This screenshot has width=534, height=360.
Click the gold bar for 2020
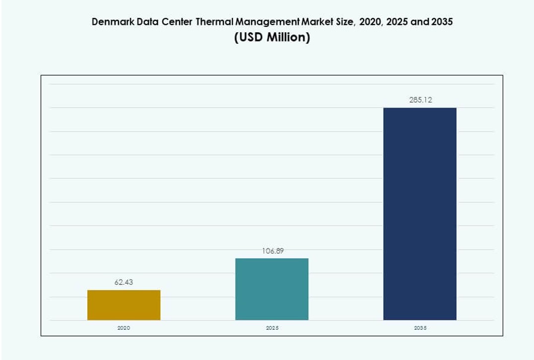(124, 305)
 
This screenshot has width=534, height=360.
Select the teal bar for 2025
(271, 289)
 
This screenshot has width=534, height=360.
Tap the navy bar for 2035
(419, 214)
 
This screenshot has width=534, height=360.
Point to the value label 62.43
(124, 282)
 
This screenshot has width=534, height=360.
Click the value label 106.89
(272, 251)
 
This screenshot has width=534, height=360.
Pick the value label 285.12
(420, 100)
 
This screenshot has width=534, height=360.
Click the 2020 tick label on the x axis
(124, 328)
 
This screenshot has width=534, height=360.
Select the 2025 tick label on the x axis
(272, 328)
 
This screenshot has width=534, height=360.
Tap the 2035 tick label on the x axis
(420, 328)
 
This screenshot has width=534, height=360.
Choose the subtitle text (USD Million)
(272, 38)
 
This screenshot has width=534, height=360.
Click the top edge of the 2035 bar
(419, 108)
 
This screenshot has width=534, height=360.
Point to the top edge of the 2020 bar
(124, 290)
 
